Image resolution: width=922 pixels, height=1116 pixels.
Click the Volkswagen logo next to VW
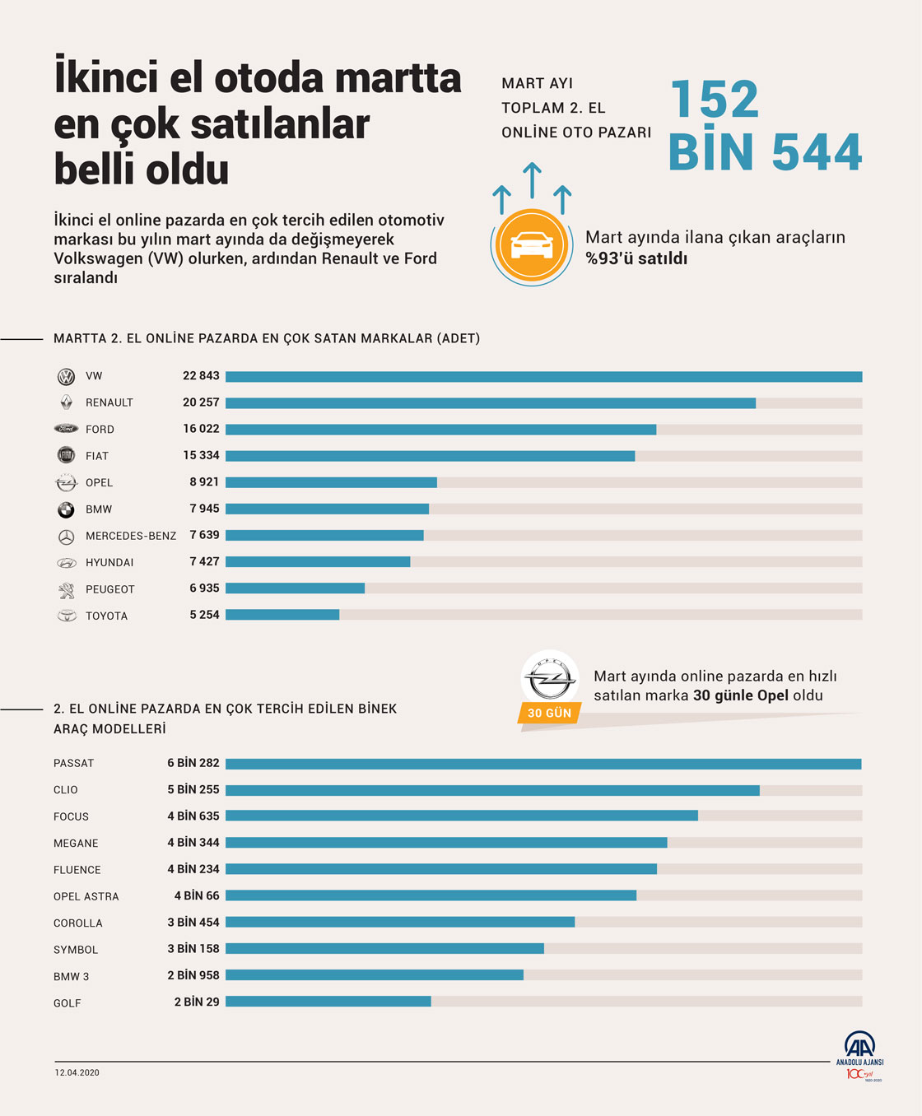click(66, 377)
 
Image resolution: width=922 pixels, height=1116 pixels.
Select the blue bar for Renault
click(491, 403)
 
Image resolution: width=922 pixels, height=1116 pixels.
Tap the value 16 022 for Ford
click(201, 429)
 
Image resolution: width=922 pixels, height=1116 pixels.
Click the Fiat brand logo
click(66, 455)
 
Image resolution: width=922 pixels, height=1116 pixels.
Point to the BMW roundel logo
click(66, 509)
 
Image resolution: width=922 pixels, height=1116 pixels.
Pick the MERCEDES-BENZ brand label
click(131, 536)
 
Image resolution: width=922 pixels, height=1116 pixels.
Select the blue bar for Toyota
click(282, 615)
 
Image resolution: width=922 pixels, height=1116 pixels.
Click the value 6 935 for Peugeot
click(204, 588)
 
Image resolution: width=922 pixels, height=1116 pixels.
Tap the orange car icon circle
click(532, 245)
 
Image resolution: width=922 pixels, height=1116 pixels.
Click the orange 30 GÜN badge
click(549, 713)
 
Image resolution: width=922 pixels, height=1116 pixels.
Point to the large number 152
click(714, 100)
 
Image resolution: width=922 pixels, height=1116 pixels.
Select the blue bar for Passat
click(543, 764)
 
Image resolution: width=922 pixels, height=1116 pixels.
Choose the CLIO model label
click(66, 790)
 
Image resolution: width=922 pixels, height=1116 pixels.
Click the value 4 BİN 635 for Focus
click(193, 816)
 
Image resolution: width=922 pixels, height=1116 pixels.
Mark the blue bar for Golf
click(328, 1002)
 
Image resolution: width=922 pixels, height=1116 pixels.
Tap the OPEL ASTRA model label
click(86, 896)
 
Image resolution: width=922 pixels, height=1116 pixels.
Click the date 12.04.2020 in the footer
click(77, 1072)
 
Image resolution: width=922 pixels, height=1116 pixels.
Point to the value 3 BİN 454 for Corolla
click(193, 923)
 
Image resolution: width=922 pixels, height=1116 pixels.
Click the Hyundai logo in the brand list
click(66, 563)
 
